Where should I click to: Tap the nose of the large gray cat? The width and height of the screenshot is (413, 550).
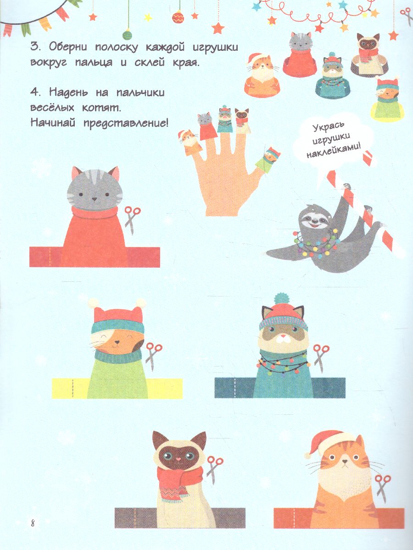click(x=94, y=199)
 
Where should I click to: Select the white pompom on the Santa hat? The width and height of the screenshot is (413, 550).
click(x=307, y=455)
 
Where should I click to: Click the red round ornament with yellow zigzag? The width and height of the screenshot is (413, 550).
click(x=178, y=18)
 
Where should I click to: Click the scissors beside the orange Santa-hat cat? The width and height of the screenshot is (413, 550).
click(x=383, y=489)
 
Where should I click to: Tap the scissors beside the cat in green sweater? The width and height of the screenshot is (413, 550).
click(x=153, y=356)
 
